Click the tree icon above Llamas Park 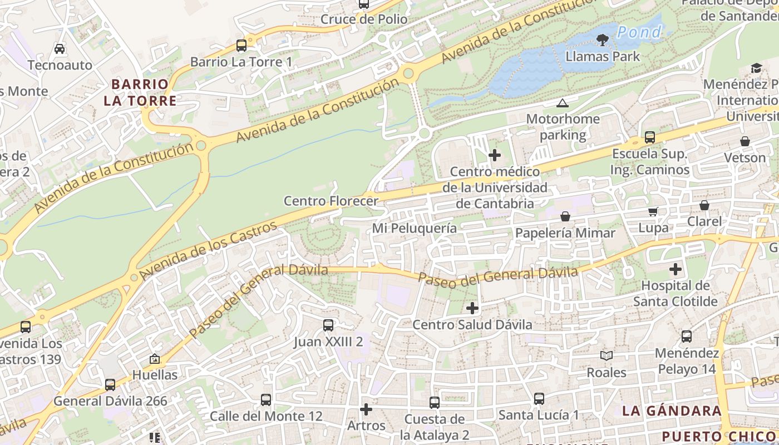tap(602, 39)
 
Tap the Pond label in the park tap(639, 32)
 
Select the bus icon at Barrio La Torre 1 tap(241, 46)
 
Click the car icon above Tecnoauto tap(60, 49)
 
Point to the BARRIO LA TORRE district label tap(140, 92)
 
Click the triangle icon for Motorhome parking tap(563, 103)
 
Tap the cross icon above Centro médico tap(494, 155)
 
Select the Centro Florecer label tap(331, 201)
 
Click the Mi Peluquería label tap(414, 228)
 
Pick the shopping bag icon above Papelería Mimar tap(565, 216)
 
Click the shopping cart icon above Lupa tap(653, 211)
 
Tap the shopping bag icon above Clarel tap(704, 205)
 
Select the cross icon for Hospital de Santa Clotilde tap(675, 270)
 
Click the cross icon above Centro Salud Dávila tap(472, 308)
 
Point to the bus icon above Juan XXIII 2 tap(328, 325)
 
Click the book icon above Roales tap(606, 355)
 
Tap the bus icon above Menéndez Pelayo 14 tap(687, 336)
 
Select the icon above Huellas tap(155, 359)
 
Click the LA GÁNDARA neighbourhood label tap(672, 411)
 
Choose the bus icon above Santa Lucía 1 tap(539, 398)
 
